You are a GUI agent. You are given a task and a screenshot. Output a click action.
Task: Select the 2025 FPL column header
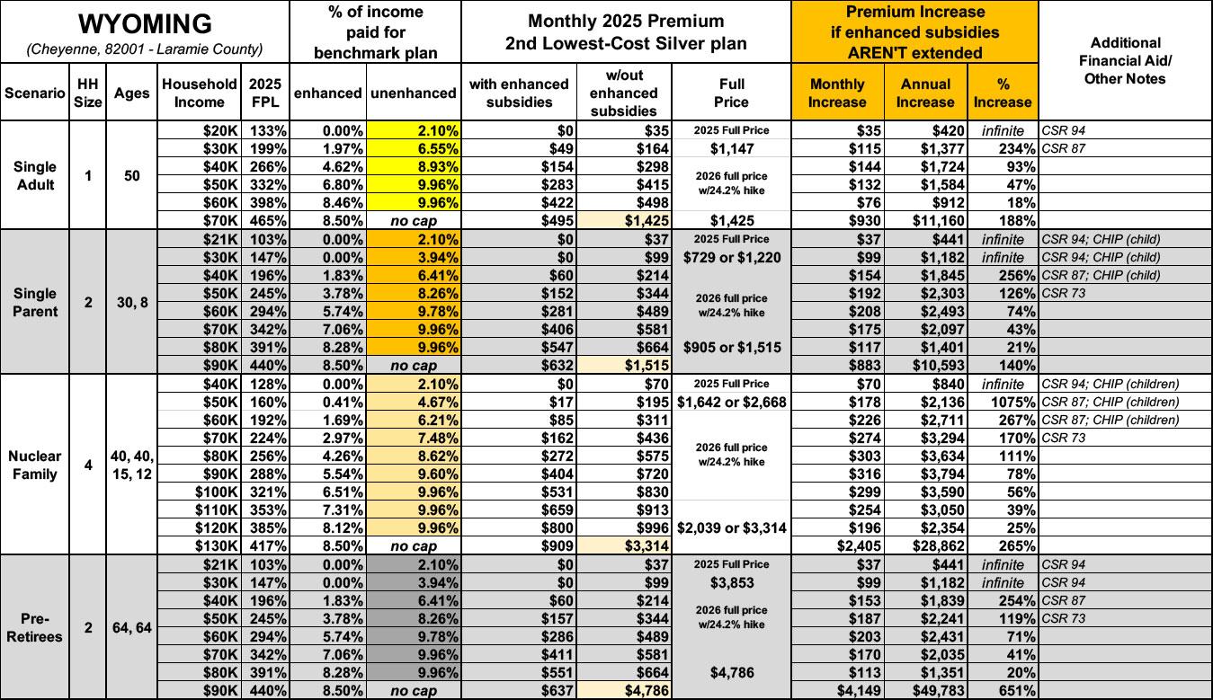(x=265, y=93)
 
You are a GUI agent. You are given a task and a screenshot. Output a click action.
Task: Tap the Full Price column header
(x=733, y=93)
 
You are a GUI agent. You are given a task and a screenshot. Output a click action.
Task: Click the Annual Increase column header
(x=924, y=93)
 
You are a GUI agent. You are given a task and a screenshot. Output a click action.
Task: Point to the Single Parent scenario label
(x=35, y=302)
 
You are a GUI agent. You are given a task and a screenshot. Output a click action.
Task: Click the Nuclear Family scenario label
(x=35, y=465)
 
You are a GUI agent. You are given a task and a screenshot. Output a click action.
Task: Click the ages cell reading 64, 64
(x=132, y=627)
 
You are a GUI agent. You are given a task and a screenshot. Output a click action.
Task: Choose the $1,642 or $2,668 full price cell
(x=732, y=401)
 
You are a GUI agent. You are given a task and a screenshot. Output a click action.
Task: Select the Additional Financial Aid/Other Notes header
(x=1125, y=60)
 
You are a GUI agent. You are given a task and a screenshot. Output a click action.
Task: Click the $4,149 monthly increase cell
(x=839, y=690)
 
